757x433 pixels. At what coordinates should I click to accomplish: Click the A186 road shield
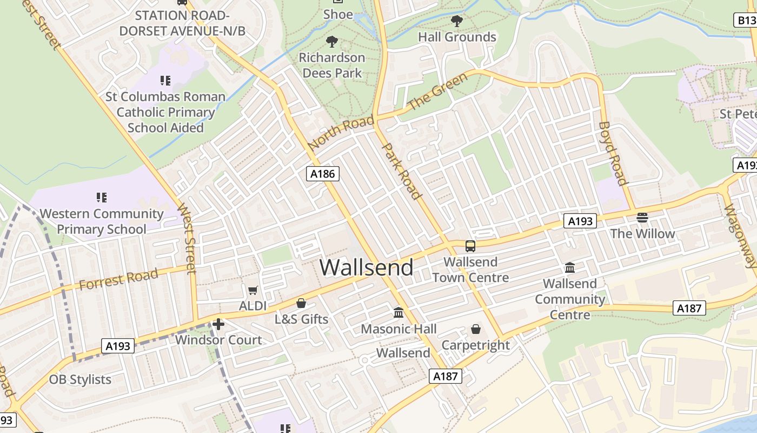pos(323,174)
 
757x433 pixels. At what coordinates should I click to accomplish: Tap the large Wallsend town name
pos(367,267)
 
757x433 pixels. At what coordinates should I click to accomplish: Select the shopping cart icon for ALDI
pos(253,291)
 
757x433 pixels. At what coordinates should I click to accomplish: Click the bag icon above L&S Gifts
pos(301,303)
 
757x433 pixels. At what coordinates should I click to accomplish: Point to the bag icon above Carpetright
pos(476,329)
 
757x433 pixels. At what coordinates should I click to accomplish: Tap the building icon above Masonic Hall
pos(399,313)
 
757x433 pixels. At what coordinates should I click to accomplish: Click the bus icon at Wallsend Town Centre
pos(470,246)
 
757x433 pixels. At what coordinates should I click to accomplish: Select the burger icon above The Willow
pos(642,218)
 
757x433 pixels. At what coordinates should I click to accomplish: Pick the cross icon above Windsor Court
pos(218,324)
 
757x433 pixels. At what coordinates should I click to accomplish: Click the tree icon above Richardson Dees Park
pos(332,41)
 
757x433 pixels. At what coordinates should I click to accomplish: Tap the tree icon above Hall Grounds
pos(457,21)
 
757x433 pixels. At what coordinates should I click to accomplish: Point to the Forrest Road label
pos(118,279)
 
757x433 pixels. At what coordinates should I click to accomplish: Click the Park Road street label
pos(402,171)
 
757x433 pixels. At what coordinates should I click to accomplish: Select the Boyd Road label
pos(613,153)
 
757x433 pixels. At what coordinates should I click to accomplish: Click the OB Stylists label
pos(80,379)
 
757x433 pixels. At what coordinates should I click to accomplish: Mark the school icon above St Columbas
pos(165,81)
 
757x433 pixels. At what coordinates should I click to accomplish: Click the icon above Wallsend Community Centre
pos(569,268)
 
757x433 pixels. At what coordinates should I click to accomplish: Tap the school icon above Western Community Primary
pos(102,198)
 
